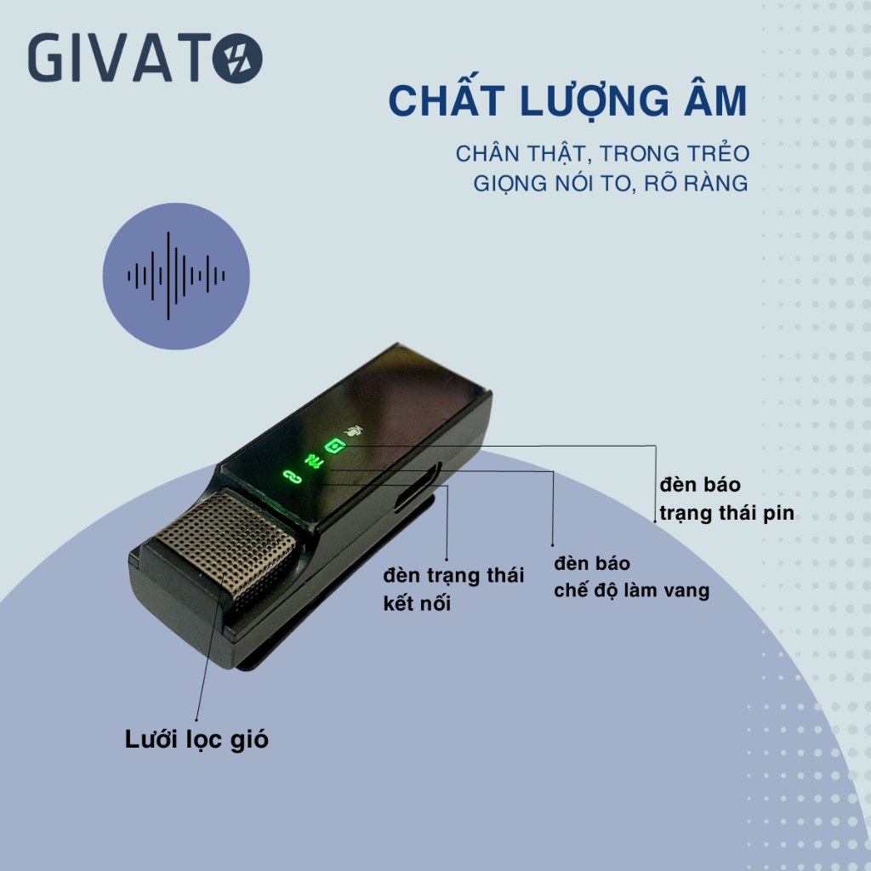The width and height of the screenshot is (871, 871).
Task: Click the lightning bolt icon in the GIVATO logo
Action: (x=239, y=60)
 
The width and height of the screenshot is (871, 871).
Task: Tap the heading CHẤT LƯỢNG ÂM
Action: (x=567, y=101)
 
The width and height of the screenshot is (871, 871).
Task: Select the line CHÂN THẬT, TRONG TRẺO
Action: (x=602, y=154)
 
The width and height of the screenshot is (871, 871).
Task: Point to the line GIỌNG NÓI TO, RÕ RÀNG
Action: (x=611, y=183)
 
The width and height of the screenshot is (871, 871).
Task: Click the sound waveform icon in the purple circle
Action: (x=176, y=276)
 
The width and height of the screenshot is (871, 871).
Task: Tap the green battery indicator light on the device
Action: (x=332, y=445)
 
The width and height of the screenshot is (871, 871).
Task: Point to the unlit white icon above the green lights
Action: (x=353, y=431)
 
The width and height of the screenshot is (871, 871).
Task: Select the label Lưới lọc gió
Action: (x=196, y=740)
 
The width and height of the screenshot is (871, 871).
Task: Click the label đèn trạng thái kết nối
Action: (x=453, y=589)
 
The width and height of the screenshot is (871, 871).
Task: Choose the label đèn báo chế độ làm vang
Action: (x=631, y=577)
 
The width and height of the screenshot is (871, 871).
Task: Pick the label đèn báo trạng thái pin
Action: (x=726, y=499)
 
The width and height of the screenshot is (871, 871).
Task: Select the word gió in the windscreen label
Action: (x=248, y=740)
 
